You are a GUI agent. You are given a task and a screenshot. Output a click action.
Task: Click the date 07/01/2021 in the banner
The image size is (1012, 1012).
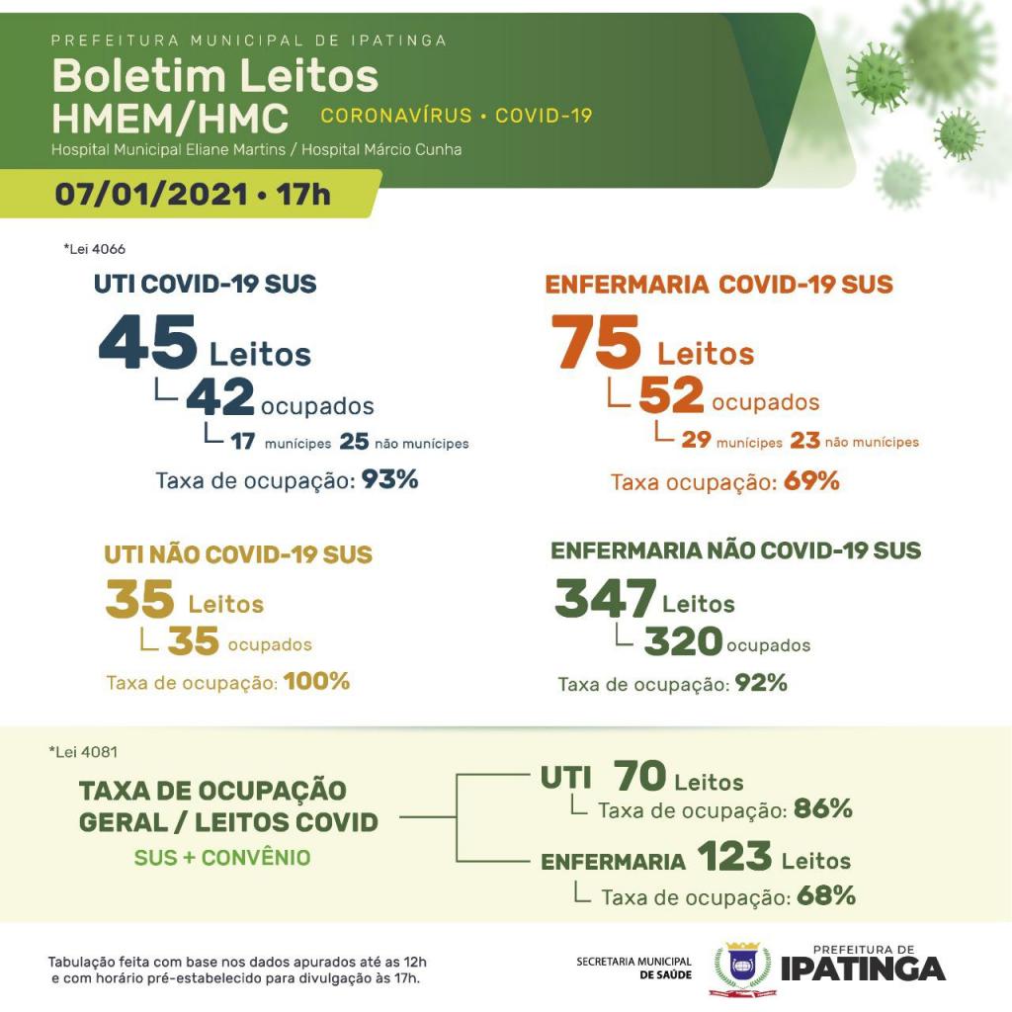(x=150, y=193)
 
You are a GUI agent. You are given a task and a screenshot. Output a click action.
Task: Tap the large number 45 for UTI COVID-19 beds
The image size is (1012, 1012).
(x=148, y=342)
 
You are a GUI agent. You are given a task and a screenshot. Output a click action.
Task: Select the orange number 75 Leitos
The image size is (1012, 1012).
(x=596, y=342)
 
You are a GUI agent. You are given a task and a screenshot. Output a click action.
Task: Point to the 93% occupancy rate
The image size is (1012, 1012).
(x=389, y=480)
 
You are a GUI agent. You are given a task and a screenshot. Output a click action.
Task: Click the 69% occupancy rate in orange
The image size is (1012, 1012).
(x=811, y=482)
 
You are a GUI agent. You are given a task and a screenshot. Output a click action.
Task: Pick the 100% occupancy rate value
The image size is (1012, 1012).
(x=316, y=681)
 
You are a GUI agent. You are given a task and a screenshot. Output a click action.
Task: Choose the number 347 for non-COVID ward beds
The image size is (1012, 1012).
(x=605, y=599)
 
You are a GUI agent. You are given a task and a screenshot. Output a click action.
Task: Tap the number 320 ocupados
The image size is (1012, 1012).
(x=683, y=642)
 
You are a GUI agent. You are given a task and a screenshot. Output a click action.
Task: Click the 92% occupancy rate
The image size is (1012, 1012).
(x=761, y=682)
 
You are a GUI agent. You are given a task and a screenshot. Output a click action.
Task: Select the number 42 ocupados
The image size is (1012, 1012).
(x=220, y=398)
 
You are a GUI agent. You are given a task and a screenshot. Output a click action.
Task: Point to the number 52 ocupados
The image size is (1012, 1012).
(x=671, y=395)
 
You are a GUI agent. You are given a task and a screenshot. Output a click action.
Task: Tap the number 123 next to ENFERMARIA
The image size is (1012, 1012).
(x=733, y=857)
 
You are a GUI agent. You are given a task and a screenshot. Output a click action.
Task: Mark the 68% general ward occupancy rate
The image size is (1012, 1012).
(x=825, y=896)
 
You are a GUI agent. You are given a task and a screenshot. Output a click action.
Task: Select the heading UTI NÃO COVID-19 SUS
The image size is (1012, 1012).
(x=238, y=554)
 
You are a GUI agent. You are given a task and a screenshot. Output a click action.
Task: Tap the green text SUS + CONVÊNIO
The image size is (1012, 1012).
(x=222, y=858)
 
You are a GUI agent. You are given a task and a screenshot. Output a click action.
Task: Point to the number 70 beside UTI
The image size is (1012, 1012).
(x=639, y=777)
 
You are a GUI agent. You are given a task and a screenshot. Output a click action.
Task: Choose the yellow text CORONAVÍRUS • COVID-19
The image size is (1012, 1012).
(x=457, y=116)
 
